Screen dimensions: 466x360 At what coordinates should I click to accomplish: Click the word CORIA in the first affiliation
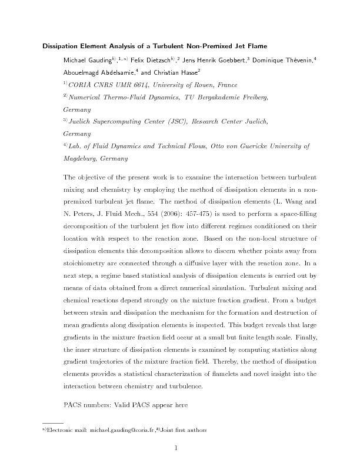(x=82, y=85)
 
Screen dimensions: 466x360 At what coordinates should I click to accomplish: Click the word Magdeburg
(x=80, y=159)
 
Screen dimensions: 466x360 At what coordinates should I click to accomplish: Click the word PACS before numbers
(x=75, y=405)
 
